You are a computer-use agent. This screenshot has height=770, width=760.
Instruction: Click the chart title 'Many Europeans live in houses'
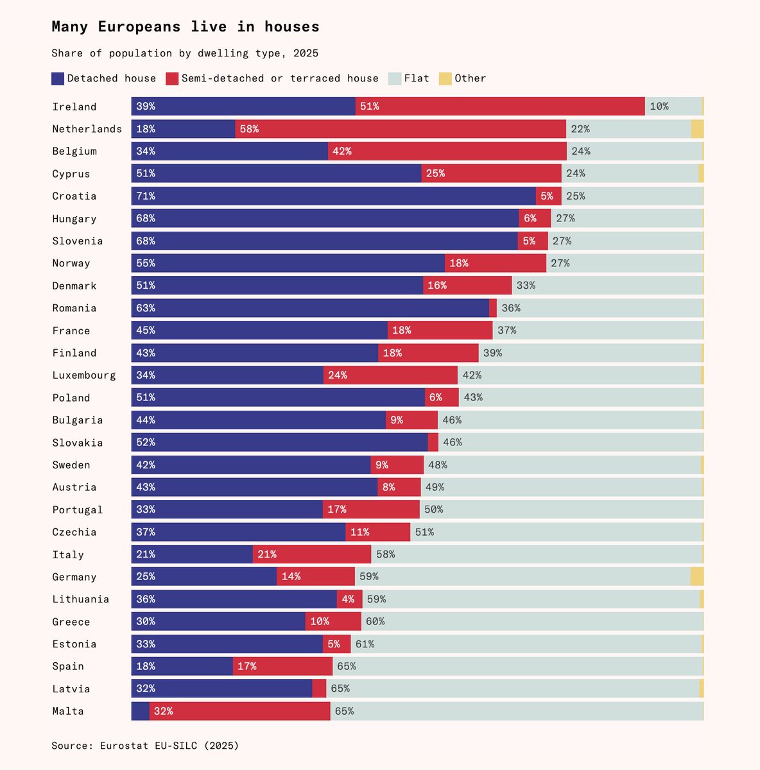coord(186,27)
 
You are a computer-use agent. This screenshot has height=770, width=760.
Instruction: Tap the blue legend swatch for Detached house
coord(58,78)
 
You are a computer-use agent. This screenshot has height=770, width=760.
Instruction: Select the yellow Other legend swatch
coord(445,78)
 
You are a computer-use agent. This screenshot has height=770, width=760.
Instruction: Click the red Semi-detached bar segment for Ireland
coord(500,107)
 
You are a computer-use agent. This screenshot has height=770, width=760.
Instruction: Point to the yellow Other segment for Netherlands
coord(697,129)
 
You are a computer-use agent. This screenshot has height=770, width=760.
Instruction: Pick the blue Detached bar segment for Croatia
coord(333,196)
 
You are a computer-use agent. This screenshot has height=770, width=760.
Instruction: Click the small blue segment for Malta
coord(141,711)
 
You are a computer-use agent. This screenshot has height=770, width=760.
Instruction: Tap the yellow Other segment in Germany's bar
coord(697,576)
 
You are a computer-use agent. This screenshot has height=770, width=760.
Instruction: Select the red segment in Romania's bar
coord(493,308)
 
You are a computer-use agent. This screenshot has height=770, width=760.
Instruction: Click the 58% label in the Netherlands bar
coord(249,129)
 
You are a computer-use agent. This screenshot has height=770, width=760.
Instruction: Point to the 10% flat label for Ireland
coord(659,107)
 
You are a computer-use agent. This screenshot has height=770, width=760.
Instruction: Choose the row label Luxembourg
coord(84,375)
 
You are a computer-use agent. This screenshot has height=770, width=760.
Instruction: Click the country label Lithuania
coord(81,599)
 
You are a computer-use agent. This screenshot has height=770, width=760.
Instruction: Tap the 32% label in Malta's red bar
coord(164,711)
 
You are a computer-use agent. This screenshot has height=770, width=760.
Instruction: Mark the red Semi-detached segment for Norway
coord(496,263)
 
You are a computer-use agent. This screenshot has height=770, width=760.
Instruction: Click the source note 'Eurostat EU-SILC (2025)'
coord(169,746)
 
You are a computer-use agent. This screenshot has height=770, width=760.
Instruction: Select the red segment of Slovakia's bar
coord(433,442)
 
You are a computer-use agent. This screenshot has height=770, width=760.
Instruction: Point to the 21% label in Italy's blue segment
coord(146,554)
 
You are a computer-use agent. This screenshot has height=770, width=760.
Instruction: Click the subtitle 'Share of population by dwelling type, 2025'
coord(185,53)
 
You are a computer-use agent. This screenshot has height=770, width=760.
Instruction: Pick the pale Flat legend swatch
coord(395,78)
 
